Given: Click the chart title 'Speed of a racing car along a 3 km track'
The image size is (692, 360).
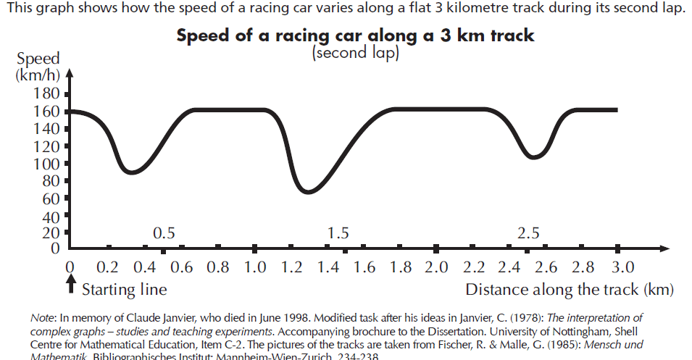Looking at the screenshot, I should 356,37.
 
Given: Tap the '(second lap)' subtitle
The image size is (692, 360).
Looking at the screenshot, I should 355,54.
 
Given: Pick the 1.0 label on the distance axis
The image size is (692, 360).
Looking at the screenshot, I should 256,267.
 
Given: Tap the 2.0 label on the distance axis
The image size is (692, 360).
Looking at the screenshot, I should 437,267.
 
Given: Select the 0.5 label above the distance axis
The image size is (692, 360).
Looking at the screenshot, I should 164,233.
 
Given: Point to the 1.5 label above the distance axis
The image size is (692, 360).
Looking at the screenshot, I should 338,233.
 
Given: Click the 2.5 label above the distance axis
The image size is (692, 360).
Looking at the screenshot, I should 529,233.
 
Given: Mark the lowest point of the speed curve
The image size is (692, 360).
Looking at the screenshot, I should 309,192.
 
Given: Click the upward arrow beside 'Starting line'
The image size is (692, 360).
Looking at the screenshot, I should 70,286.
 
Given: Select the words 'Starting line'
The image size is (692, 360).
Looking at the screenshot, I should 124,290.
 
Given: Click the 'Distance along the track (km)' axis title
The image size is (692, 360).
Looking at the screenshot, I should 570,290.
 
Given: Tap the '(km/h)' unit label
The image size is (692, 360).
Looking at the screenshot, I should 38,75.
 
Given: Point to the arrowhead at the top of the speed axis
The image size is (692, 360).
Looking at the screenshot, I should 70,72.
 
